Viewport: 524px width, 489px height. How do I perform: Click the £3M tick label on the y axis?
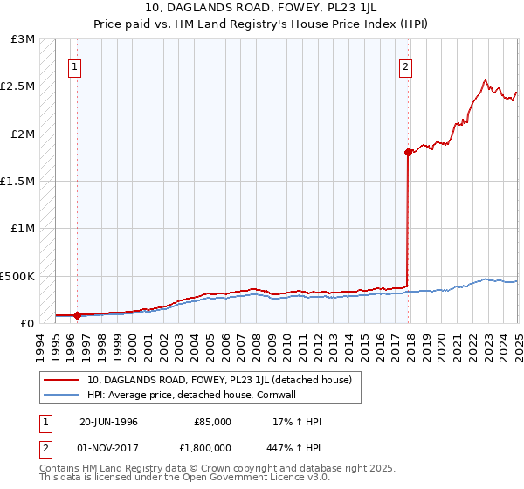(24, 39)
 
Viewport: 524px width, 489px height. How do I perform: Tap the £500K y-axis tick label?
(18, 276)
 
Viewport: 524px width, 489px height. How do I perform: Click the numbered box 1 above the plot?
(74, 66)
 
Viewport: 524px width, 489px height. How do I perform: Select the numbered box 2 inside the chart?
(406, 66)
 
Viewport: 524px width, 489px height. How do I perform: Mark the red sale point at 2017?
(408, 152)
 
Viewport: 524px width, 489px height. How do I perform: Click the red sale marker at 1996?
(77, 315)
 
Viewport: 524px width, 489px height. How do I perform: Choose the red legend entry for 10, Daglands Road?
(219, 380)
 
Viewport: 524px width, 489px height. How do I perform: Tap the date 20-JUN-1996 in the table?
(108, 422)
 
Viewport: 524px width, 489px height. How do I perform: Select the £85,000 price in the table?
(212, 422)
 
